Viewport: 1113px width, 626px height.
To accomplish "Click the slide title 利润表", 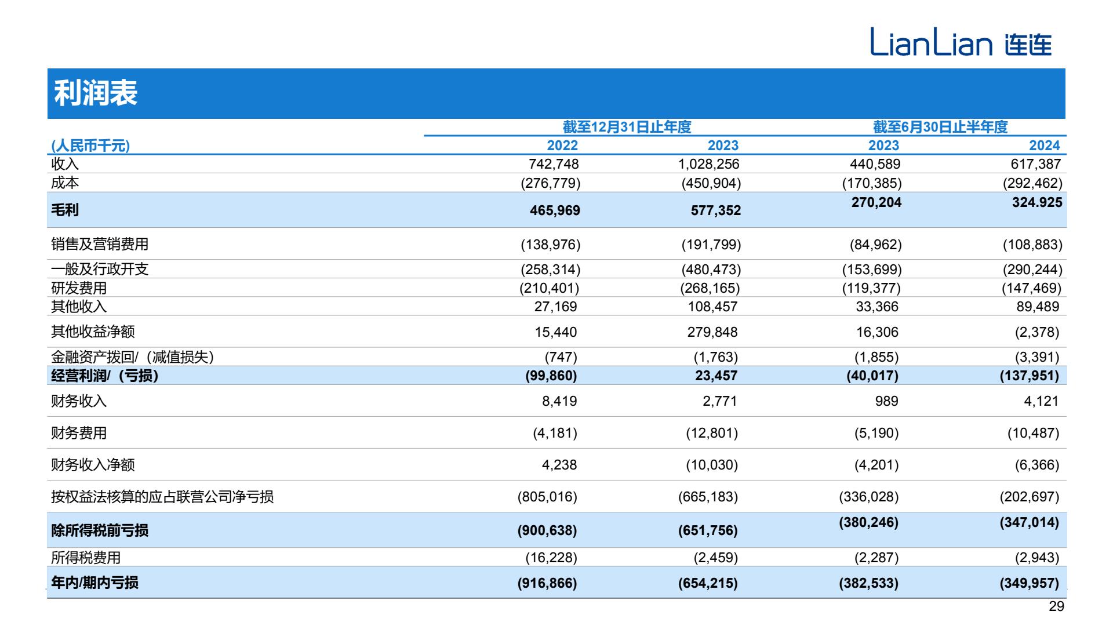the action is tap(96, 93).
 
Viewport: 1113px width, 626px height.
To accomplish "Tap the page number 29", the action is tap(1057, 606).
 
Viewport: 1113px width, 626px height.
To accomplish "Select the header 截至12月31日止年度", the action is tap(627, 127).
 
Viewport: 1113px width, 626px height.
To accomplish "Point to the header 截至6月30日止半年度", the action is tap(940, 127).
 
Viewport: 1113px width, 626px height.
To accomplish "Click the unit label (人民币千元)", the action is tap(90, 145).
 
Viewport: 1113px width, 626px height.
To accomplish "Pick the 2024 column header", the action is tap(1045, 145).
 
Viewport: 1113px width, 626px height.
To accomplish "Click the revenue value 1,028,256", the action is tap(709, 164).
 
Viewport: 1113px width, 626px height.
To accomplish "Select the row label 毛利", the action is tap(65, 210).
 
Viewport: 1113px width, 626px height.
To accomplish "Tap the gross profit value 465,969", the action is tap(555, 210).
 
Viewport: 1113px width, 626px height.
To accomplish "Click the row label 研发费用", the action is tap(79, 288).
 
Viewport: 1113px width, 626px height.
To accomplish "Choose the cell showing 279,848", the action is tap(713, 332).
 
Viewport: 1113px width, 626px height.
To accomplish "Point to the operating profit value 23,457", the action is tap(716, 376).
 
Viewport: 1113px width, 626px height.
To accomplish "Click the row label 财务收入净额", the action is tap(93, 465).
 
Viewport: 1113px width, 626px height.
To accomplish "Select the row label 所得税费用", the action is tap(86, 558).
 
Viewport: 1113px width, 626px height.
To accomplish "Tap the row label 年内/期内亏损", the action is tap(94, 583).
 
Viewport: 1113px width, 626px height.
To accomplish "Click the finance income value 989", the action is tap(886, 401).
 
